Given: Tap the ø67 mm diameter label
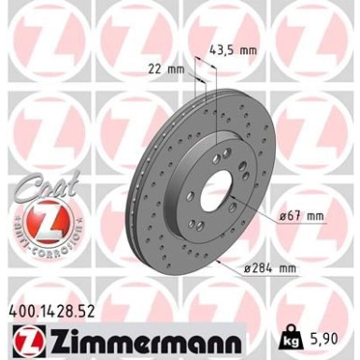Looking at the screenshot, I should [302, 216].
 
